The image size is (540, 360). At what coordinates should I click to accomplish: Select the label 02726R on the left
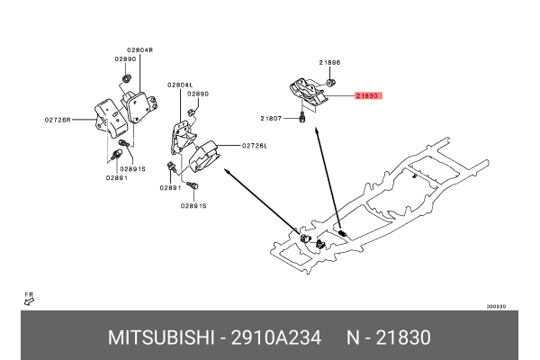point(58,118)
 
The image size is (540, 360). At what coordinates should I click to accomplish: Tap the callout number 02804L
point(180,85)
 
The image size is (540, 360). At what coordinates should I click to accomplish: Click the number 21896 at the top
point(330,62)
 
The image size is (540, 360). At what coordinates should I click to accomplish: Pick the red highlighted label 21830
point(368,94)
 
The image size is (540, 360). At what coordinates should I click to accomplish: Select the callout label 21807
point(272,118)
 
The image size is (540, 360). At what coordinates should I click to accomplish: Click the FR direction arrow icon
point(28,300)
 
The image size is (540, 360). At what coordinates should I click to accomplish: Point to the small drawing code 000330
point(496,306)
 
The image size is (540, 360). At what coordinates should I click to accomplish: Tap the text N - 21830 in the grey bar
point(389,337)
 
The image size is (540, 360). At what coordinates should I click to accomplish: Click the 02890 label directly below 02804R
point(124,58)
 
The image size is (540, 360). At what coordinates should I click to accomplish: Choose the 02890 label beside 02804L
point(198,94)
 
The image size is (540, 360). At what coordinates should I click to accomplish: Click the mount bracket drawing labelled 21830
point(306,93)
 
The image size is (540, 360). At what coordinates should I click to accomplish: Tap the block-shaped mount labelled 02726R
point(106,117)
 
